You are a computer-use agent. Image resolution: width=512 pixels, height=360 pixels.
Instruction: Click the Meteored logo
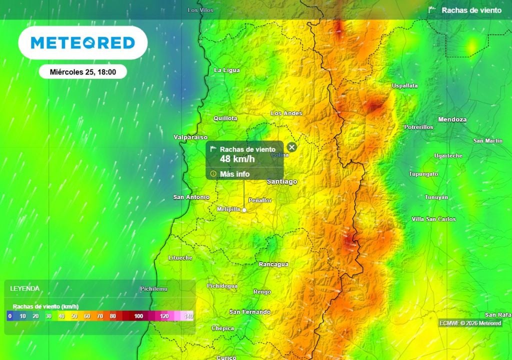point(83,43)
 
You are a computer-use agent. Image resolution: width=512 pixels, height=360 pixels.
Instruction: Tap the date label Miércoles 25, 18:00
point(83,72)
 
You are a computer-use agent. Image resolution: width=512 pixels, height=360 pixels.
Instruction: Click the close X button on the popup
point(292,147)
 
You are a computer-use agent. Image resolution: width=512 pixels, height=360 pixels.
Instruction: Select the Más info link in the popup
point(234,174)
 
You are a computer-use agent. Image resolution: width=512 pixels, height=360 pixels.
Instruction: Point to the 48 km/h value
point(237,159)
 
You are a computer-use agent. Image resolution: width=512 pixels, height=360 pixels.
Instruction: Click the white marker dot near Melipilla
point(244,210)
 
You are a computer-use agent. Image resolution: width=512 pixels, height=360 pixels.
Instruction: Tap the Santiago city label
point(282,181)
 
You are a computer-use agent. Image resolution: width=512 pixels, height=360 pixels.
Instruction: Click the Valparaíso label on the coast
point(190,137)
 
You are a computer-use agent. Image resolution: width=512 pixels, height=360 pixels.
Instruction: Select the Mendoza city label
point(452,119)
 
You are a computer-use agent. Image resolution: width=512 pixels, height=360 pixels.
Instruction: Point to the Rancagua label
point(273,264)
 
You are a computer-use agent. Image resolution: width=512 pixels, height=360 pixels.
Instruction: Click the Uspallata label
point(404,86)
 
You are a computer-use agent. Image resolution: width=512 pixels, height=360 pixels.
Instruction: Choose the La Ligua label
point(226,70)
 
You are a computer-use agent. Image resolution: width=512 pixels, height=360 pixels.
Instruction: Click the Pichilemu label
point(153,289)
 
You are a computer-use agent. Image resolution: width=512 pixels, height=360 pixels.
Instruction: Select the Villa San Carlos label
point(433,219)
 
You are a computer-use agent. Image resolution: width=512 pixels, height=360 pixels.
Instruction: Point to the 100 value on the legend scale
point(138,316)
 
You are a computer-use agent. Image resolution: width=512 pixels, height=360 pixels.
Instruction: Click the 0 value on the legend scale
point(9,316)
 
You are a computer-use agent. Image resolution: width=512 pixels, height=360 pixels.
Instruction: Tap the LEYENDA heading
point(25,288)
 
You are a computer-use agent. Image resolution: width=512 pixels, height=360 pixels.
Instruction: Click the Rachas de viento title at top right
point(471,10)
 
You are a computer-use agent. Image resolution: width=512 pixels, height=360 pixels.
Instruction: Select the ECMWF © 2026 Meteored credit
point(470,323)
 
